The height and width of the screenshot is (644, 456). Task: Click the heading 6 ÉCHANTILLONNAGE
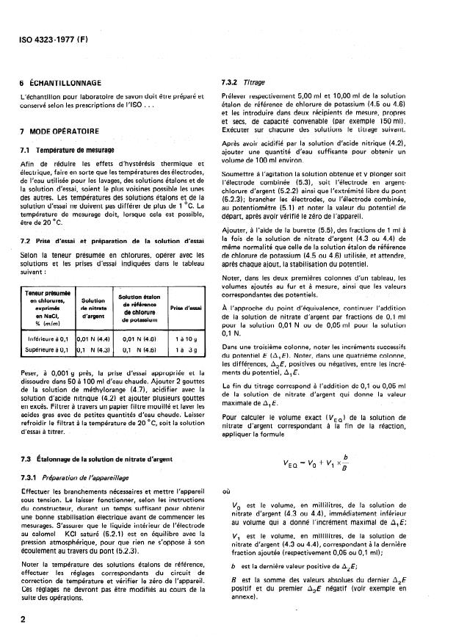coord(66,82)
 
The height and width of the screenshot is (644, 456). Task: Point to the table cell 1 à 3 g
coord(186,351)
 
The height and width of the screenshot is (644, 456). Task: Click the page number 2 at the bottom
coord(23,620)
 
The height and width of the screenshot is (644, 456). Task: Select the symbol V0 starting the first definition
coord(235,507)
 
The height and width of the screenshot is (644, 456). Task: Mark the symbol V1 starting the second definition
coord(235,536)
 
